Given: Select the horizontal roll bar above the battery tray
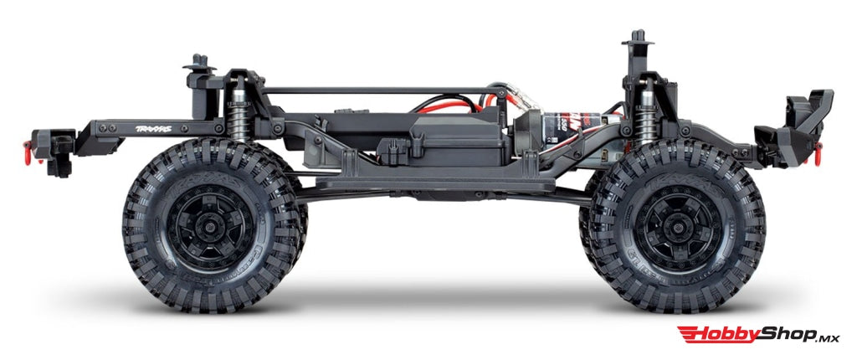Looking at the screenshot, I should pos(368,90).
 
